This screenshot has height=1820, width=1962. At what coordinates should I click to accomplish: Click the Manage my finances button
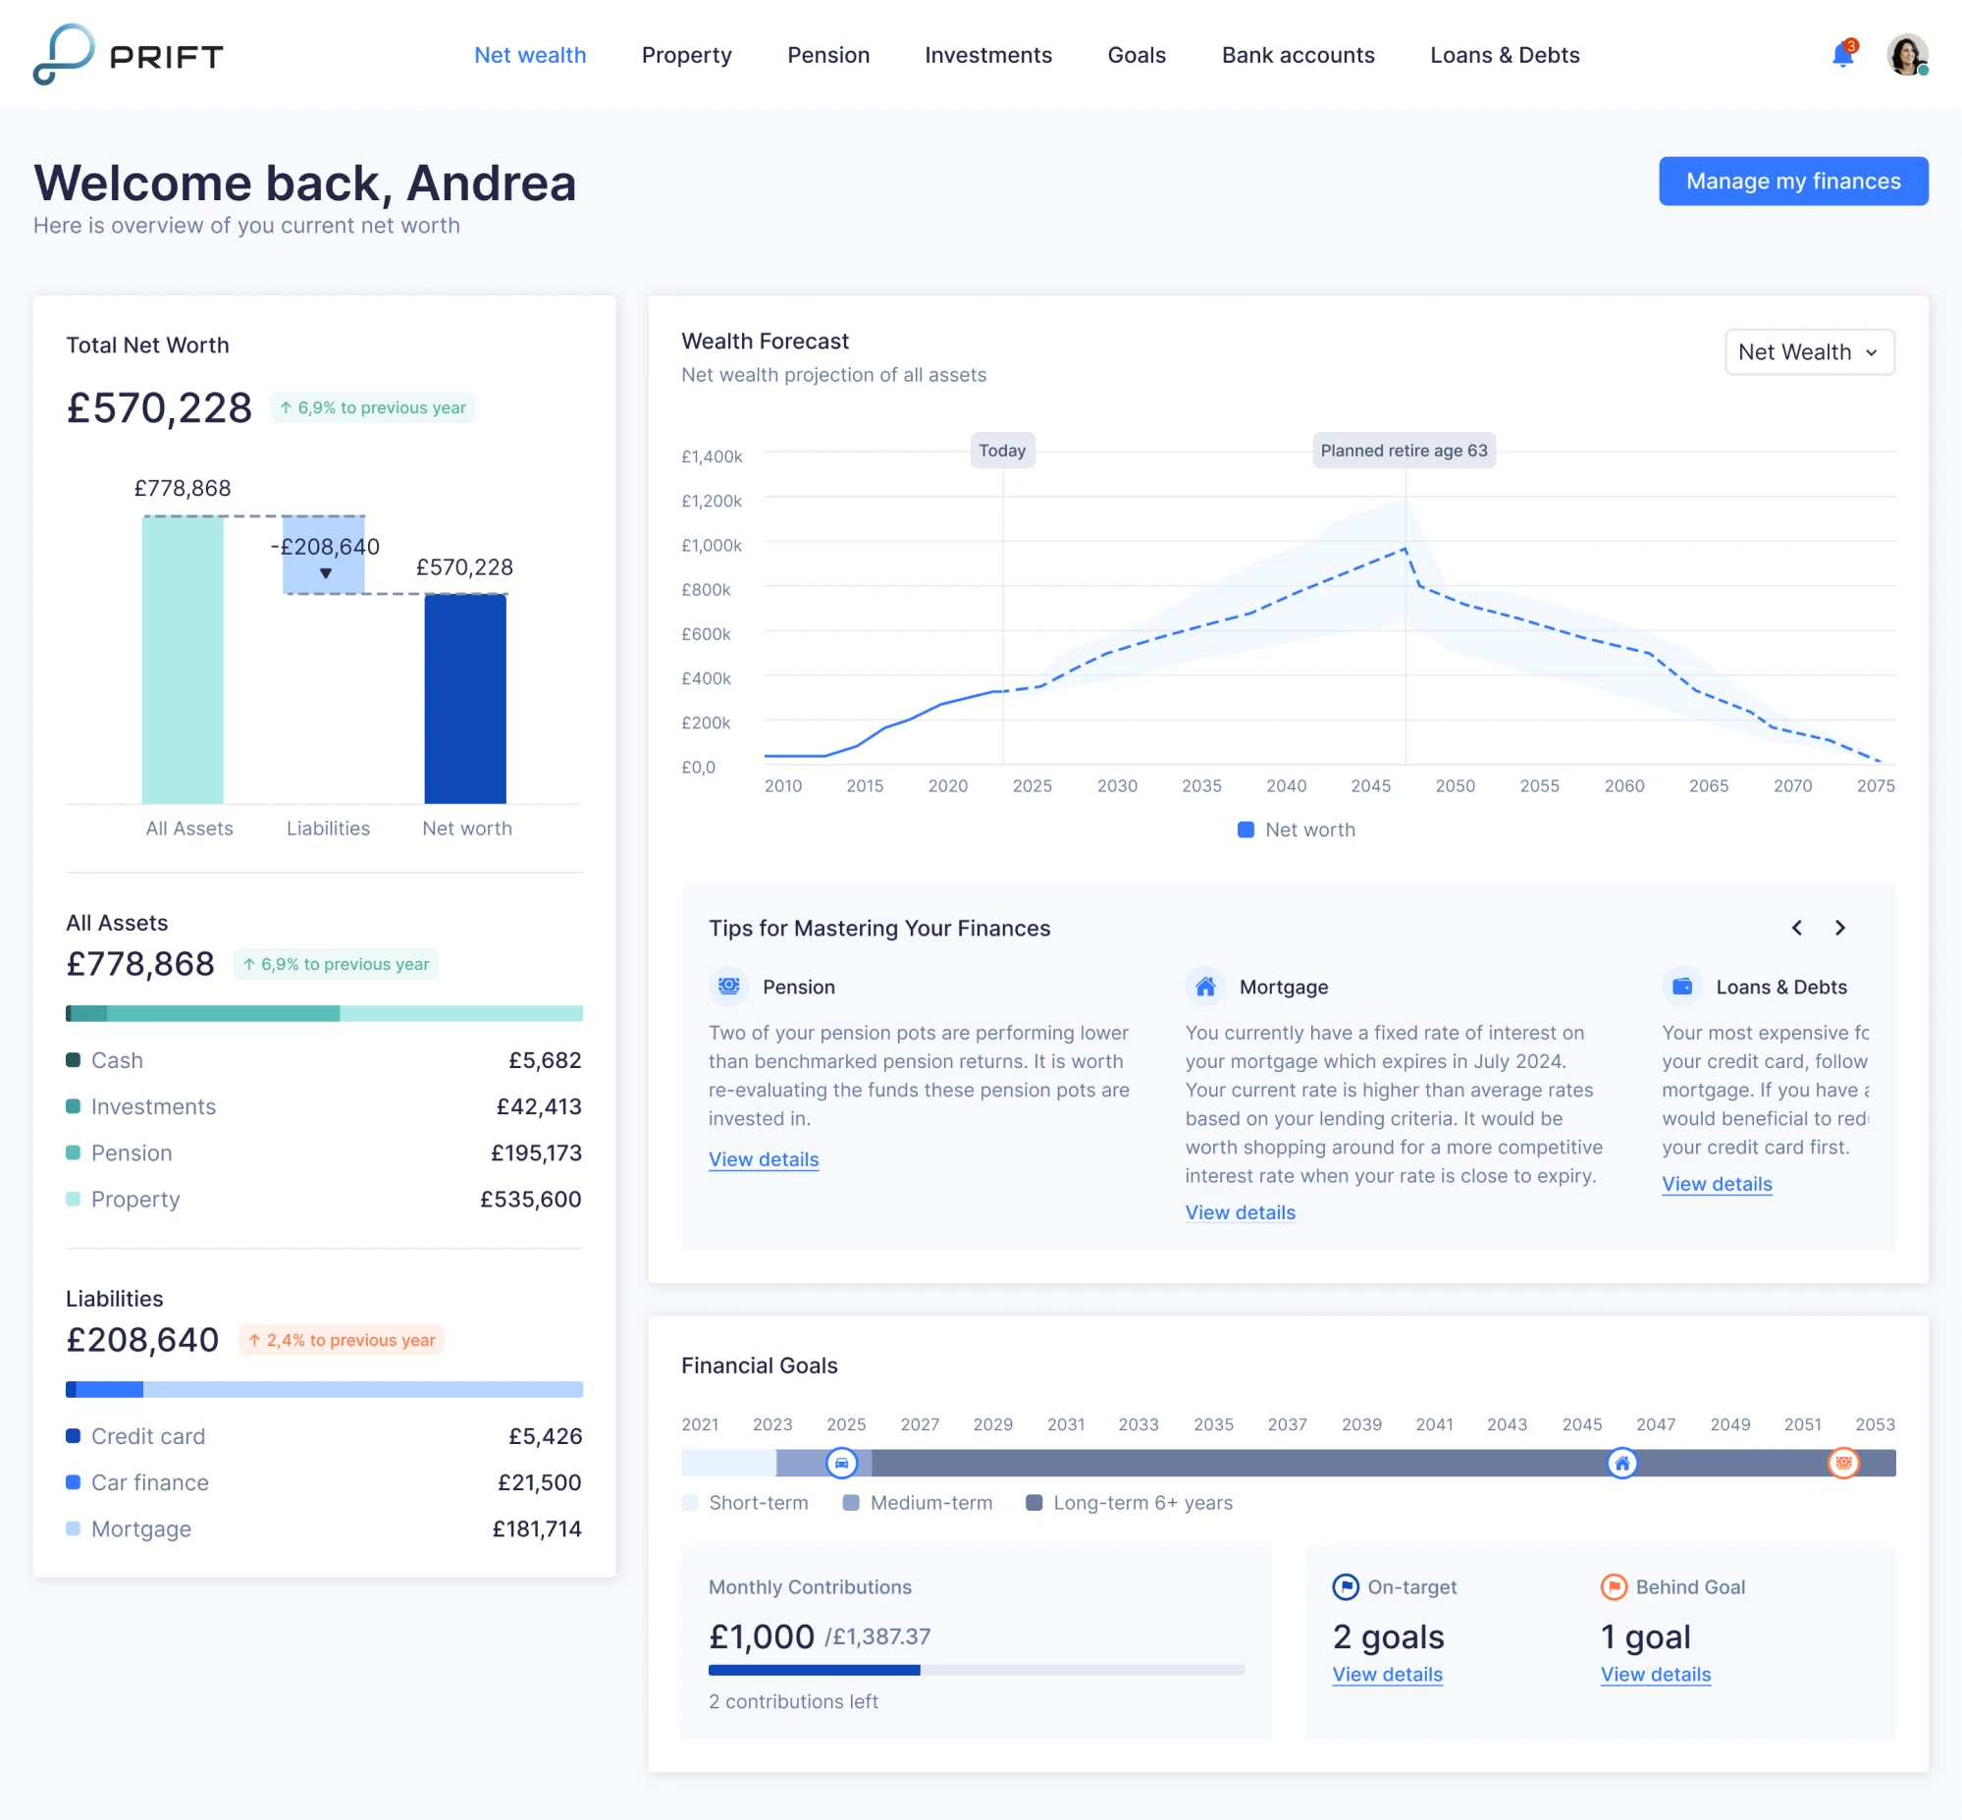click(x=1791, y=182)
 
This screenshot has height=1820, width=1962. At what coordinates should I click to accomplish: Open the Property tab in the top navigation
click(x=686, y=55)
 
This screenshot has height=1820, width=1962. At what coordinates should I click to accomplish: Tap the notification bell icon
click(x=1842, y=55)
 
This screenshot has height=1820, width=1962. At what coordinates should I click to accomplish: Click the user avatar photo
click(x=1905, y=55)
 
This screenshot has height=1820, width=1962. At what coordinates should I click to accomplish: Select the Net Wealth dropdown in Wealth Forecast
click(x=1809, y=352)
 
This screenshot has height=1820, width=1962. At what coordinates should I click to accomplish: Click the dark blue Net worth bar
click(x=464, y=699)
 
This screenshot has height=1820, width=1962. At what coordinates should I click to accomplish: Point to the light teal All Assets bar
click(x=183, y=660)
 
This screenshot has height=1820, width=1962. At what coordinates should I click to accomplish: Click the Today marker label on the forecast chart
click(x=1001, y=451)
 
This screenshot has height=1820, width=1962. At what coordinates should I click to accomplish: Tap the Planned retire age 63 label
click(x=1403, y=451)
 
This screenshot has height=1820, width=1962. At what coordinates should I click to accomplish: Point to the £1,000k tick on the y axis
click(x=711, y=546)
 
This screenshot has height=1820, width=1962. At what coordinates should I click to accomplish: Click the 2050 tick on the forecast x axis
click(x=1454, y=786)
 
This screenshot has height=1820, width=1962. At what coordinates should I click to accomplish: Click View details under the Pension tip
click(x=763, y=1159)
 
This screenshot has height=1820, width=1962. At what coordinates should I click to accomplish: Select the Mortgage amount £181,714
click(x=537, y=1528)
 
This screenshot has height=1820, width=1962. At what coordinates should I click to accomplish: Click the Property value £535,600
click(x=530, y=1199)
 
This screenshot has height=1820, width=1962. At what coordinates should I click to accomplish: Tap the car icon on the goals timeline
click(x=841, y=1463)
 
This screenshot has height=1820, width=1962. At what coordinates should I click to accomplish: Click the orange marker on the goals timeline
click(x=1842, y=1463)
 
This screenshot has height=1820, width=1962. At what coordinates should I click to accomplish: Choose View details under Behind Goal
click(x=1655, y=1675)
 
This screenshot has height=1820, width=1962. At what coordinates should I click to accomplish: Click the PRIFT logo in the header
click(x=128, y=55)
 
